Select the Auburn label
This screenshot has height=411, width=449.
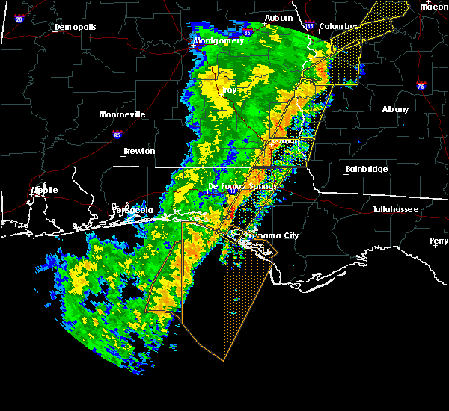point(278,18)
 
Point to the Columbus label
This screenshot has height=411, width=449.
point(340,26)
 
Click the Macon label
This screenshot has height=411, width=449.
point(434,7)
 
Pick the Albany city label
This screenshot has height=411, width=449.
point(395,109)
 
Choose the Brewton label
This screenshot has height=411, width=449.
point(138,151)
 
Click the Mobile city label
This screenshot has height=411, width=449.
point(44,190)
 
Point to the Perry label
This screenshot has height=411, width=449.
point(439,241)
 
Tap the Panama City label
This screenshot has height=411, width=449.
point(275,235)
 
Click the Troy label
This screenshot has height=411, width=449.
point(229,90)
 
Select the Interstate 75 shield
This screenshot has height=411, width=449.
point(421,86)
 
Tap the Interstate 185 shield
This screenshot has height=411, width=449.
point(310,27)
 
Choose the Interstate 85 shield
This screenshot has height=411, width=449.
point(248,33)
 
